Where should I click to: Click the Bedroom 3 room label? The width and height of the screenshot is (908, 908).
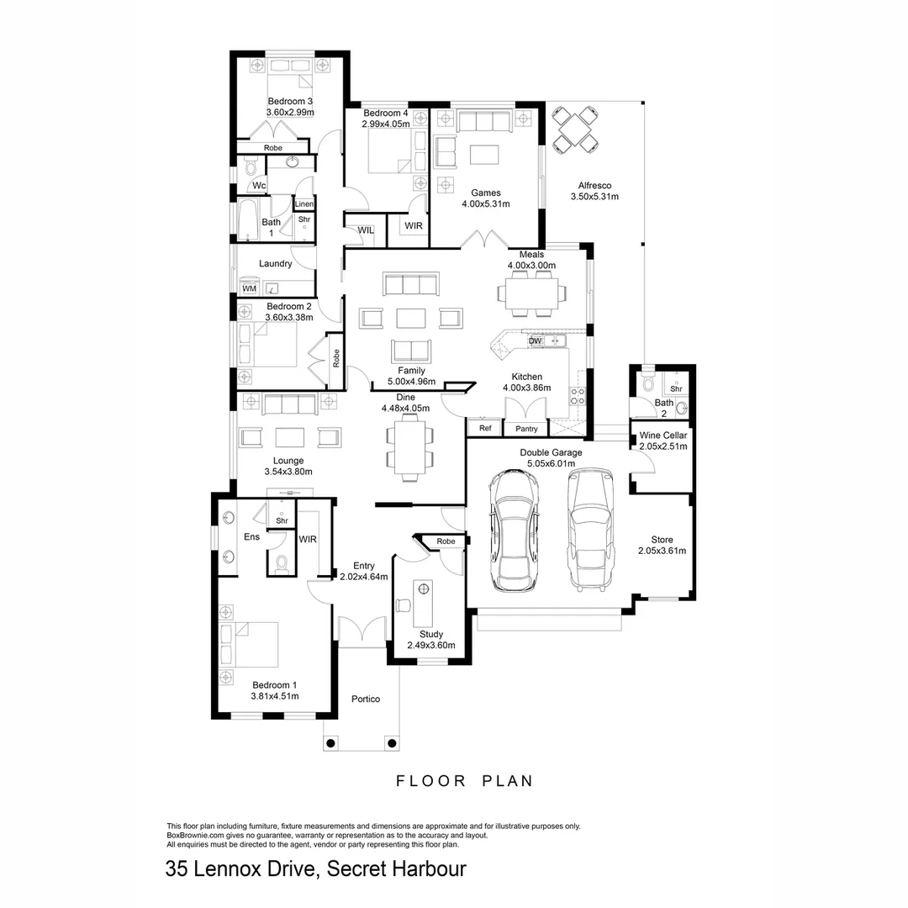point(290,102)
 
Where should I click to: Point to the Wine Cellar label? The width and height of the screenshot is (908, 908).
point(663,436)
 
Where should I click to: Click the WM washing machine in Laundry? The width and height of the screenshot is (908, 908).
point(249,288)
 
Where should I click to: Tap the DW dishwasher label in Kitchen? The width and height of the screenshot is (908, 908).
point(535,341)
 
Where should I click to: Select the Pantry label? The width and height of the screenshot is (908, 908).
point(526,429)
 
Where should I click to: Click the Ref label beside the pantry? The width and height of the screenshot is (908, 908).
point(485,429)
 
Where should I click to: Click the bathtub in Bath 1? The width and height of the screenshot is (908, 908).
point(247,220)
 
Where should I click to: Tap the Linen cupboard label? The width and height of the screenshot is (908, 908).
point(304,204)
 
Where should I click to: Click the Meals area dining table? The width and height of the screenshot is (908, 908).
point(531,293)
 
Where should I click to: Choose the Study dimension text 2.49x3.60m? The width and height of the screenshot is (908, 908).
point(430,646)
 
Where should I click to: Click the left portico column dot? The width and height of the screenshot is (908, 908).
point(330,743)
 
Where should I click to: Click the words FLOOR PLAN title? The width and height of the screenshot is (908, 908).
point(464,781)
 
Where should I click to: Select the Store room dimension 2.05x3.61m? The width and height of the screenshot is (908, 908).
point(663,552)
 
